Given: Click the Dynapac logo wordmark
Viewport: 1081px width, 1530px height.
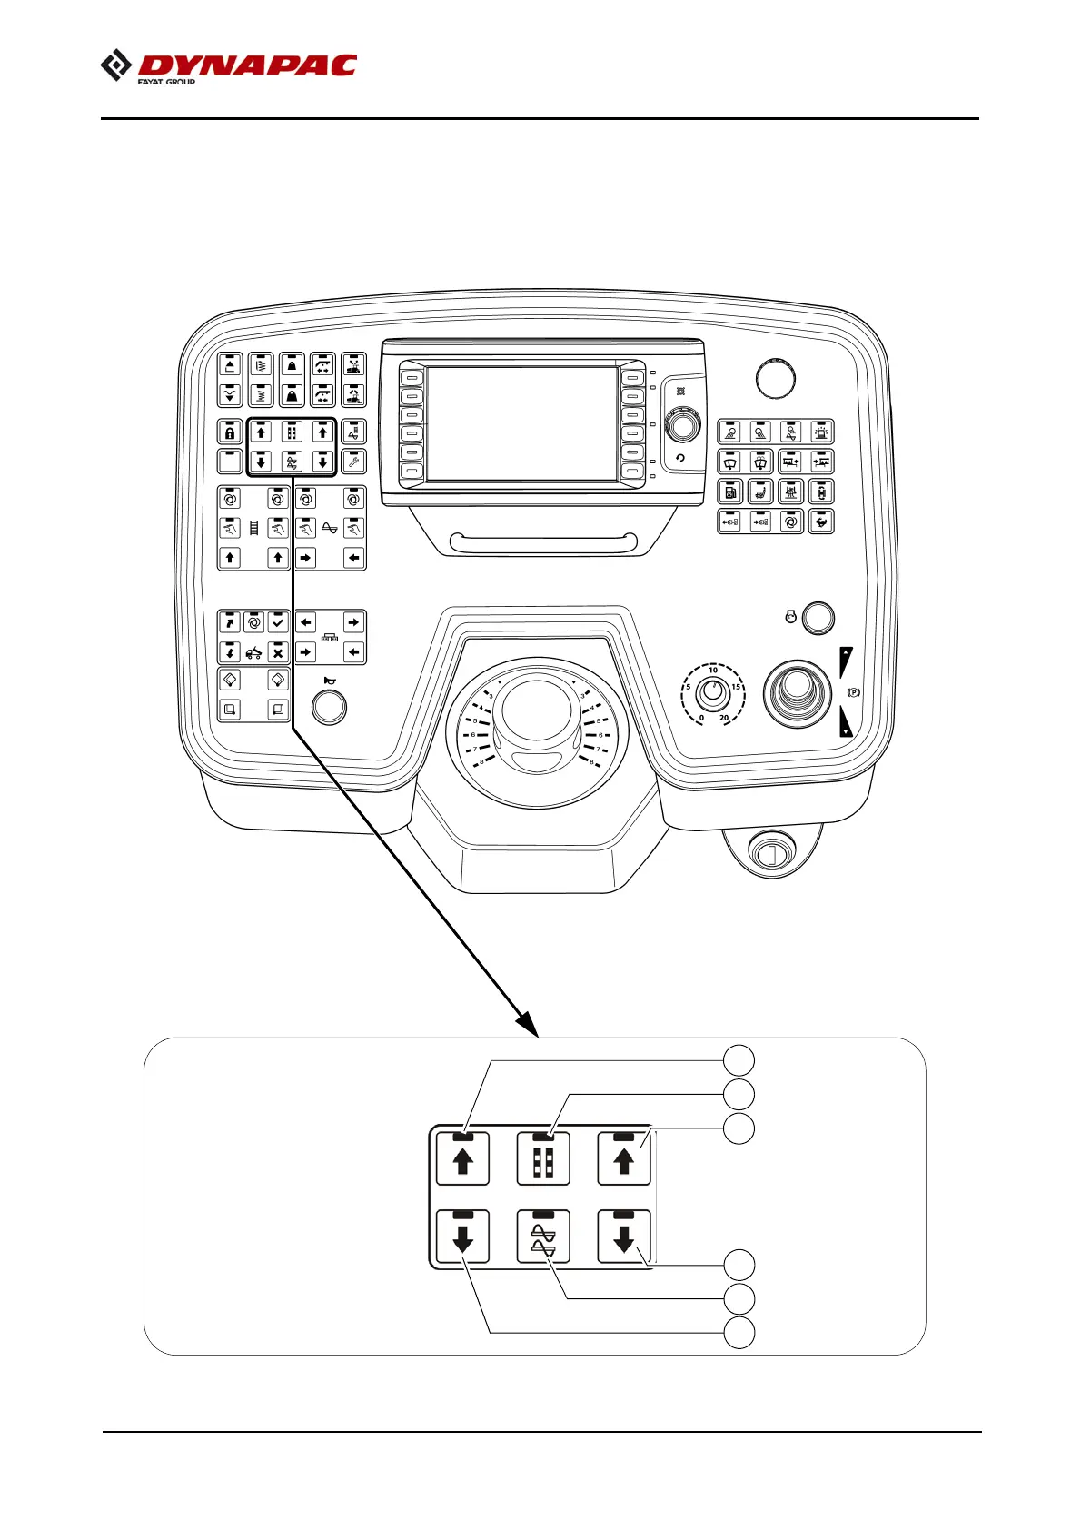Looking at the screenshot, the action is [x=245, y=65].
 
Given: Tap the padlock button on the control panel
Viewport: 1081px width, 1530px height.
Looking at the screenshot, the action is [x=230, y=432].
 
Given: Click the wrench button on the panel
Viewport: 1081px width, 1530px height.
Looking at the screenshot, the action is [x=353, y=462].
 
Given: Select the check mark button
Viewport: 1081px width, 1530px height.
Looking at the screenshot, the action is [x=278, y=622].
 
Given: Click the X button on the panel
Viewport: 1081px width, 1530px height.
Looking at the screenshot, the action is [x=278, y=652].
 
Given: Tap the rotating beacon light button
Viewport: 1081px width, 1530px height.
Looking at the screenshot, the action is [x=821, y=432].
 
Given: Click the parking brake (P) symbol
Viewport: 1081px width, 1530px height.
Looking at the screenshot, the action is [x=853, y=692].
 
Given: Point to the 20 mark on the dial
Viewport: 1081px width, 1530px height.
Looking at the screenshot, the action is [x=724, y=718].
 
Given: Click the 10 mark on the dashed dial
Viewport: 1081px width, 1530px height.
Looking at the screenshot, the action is [x=713, y=671].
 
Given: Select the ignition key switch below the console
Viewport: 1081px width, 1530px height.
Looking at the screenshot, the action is [x=769, y=853].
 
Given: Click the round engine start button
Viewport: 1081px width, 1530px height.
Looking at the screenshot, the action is [x=819, y=617].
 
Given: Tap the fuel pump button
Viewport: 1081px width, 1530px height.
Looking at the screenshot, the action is [x=730, y=492].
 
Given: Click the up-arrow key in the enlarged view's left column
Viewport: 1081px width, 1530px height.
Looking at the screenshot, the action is [x=462, y=1159].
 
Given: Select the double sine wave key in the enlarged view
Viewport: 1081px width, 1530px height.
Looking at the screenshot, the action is [x=543, y=1237].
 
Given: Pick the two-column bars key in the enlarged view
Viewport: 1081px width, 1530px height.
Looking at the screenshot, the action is [x=543, y=1159].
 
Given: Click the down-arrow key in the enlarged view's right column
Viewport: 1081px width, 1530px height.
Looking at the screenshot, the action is [x=623, y=1237].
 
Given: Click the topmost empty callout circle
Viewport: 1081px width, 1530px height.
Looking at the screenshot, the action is [x=739, y=1059].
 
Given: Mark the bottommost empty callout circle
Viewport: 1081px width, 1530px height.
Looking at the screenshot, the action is [x=739, y=1334].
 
